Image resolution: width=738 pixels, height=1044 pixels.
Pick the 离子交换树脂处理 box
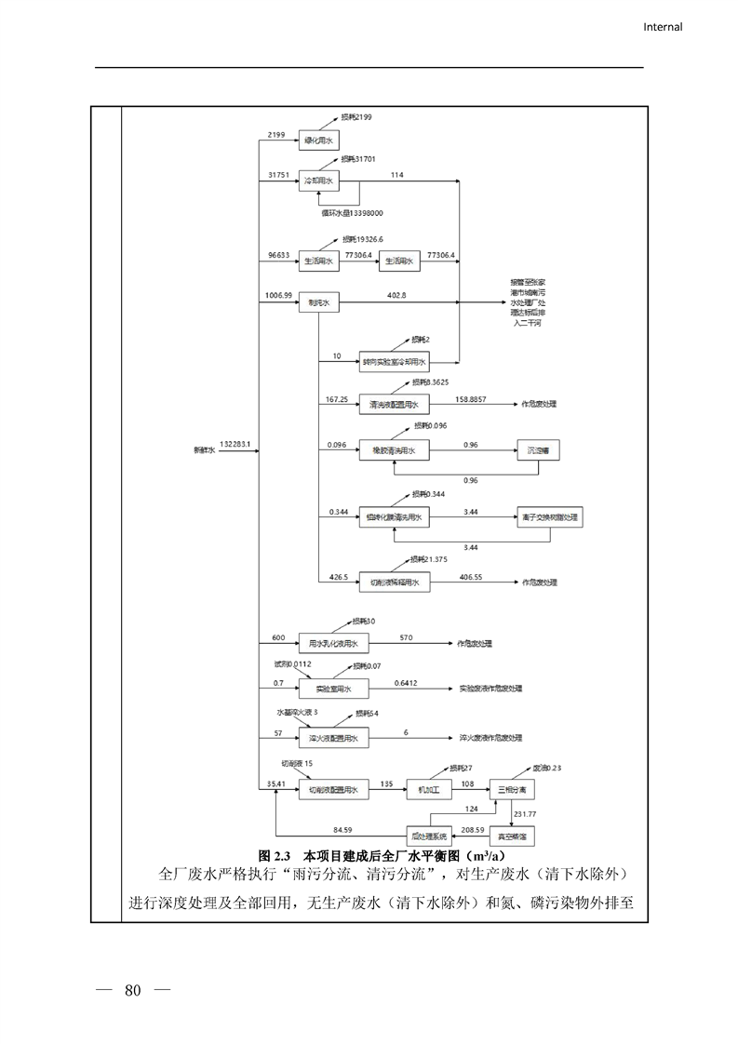coord(550,517)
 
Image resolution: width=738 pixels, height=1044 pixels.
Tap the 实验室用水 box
coord(332,689)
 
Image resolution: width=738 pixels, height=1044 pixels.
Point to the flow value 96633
coord(278,254)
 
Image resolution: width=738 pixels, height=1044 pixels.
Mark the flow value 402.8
coord(397,295)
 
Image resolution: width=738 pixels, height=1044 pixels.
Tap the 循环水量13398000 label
coord(353,213)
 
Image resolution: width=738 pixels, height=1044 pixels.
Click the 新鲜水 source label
coord(204,450)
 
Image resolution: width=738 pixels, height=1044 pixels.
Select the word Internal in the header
coord(663,27)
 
